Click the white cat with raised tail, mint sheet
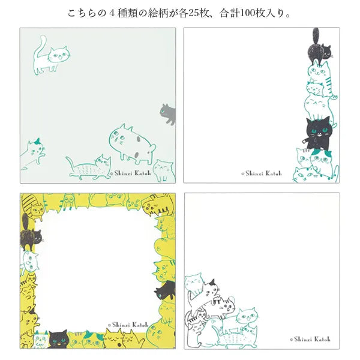tap(50, 56)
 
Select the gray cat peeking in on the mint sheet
tap(168, 113)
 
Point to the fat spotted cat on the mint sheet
tap(132, 143)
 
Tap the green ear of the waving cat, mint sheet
tap(38, 141)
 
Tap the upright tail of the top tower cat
tap(316, 34)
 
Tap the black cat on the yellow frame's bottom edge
tap(58, 339)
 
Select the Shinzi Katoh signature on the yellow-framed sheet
tap(127, 325)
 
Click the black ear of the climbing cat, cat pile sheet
tap(211, 282)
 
